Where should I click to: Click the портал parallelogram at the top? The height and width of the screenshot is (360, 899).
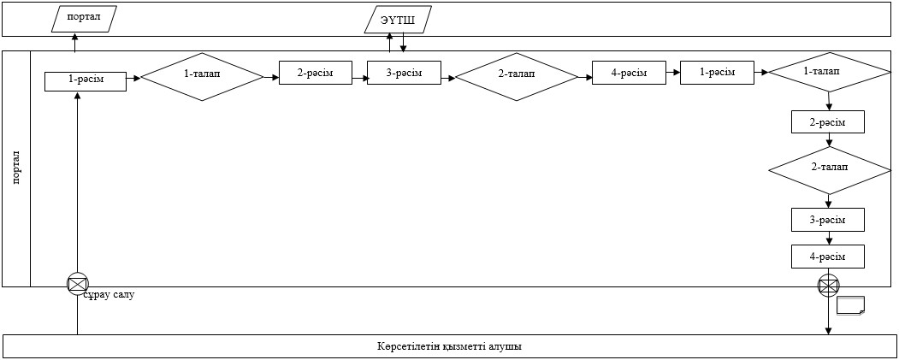(x=85, y=19)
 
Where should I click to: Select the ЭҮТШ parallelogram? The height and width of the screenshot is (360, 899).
(x=398, y=20)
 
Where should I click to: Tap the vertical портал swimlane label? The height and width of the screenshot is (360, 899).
(x=16, y=168)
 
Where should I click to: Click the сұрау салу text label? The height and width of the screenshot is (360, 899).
(x=109, y=295)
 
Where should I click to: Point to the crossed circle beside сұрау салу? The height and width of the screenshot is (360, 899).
(x=77, y=284)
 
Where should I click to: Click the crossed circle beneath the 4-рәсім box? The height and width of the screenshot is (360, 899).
(x=828, y=285)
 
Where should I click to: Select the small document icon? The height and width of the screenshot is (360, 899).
(x=850, y=305)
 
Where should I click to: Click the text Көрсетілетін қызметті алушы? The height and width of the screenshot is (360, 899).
(x=450, y=347)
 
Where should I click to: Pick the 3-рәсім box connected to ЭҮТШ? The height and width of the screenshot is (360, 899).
(x=405, y=73)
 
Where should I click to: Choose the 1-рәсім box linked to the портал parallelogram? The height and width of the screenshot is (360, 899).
(x=86, y=80)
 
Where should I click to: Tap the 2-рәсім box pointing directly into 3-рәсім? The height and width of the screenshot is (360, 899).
(x=316, y=73)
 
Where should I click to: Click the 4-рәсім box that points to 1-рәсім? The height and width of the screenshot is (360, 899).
(x=629, y=73)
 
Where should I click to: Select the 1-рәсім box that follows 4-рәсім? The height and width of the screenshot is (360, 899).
(x=718, y=73)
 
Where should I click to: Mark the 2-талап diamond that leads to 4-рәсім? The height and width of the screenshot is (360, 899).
(x=517, y=77)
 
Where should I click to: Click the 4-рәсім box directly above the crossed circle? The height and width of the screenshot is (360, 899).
(x=828, y=257)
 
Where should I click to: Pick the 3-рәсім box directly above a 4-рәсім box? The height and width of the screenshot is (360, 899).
(x=828, y=220)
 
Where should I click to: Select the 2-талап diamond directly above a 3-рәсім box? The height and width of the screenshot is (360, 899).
(x=830, y=170)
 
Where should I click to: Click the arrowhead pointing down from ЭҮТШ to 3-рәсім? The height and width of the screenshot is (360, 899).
(x=404, y=49)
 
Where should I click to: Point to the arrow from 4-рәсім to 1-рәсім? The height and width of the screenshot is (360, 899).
(x=674, y=73)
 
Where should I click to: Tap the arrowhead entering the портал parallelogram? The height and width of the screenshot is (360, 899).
(x=75, y=36)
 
